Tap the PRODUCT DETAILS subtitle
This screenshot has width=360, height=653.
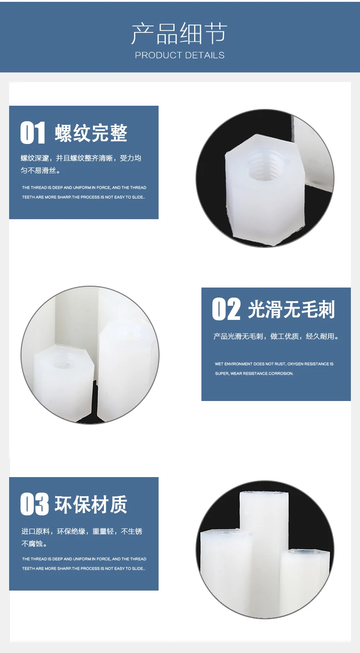180,55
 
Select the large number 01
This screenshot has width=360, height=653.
33,133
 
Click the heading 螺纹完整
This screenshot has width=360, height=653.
91,133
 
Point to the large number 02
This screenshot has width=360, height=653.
226,309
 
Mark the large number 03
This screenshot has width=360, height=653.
34,504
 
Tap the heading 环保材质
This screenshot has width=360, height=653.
91,504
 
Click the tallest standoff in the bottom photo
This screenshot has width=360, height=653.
264,547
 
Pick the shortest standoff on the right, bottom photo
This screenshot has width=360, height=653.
304,576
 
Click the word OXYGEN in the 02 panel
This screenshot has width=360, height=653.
297,364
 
